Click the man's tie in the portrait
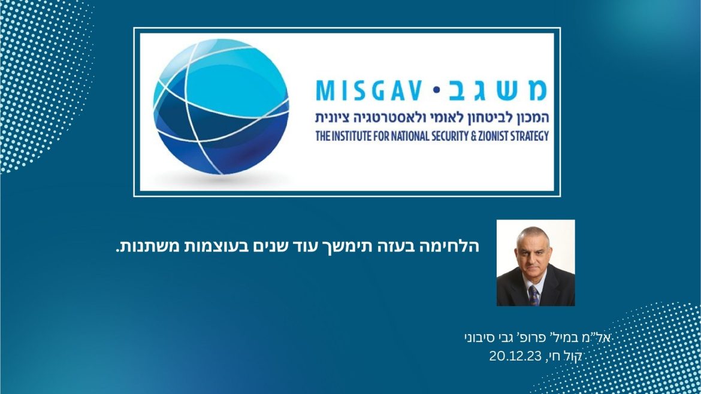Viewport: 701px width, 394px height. pyautogui.click(x=534, y=295)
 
